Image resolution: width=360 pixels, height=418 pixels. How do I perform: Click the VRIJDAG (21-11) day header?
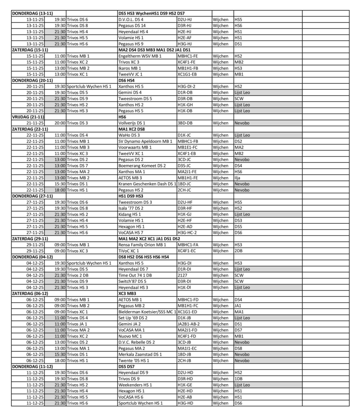(28, 117)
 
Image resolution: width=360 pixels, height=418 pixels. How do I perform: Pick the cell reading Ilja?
(238, 178)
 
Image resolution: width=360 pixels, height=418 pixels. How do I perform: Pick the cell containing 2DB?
(239, 251)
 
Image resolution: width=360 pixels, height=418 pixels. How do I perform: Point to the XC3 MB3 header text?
(127, 293)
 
